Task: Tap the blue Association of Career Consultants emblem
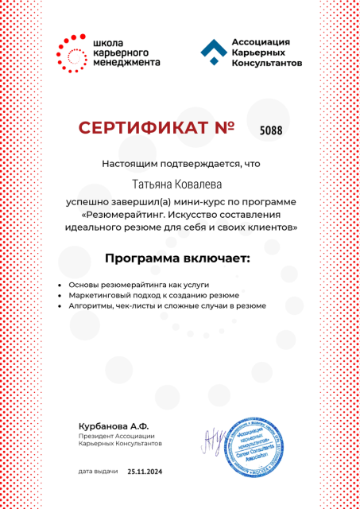[x=211, y=53]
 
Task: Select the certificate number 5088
[x=271, y=129]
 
